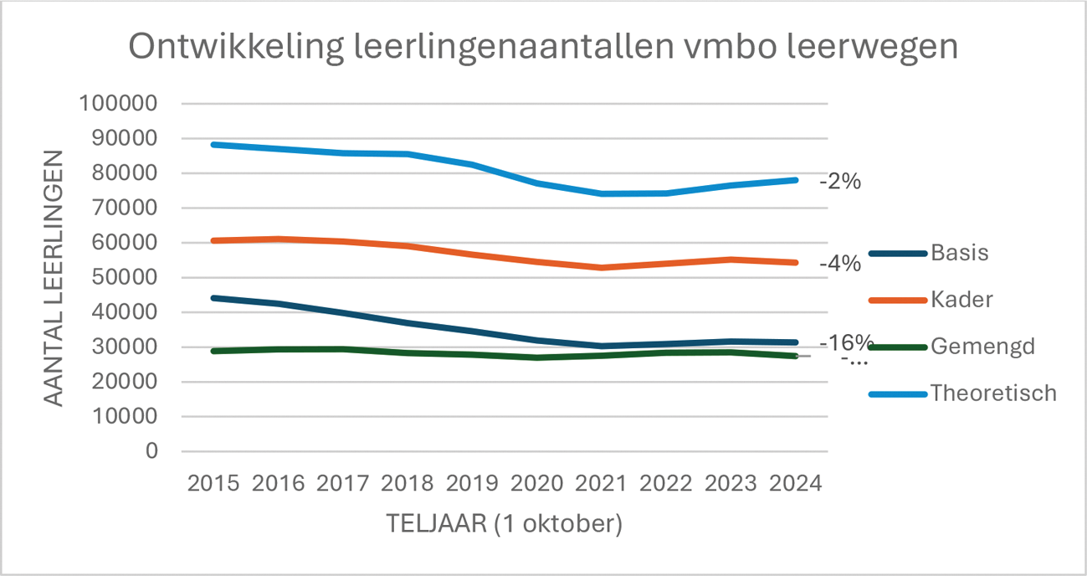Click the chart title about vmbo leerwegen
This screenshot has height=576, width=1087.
[543, 47]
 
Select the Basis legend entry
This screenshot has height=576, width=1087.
[959, 253]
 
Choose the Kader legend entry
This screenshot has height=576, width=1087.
[961, 299]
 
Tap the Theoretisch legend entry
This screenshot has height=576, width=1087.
[993, 393]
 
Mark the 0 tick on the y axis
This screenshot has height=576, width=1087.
[151, 450]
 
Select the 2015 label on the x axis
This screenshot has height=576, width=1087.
[213, 484]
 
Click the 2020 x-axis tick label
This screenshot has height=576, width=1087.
[536, 484]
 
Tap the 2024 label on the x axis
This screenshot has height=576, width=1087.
[795, 484]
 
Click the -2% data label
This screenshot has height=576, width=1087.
[840, 181]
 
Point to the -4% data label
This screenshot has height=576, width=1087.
[840, 264]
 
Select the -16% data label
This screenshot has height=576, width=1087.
[846, 343]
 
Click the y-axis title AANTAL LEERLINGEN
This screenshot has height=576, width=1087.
[54, 277]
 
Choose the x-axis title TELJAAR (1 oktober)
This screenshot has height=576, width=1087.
[504, 524]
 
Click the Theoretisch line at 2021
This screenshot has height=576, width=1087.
[602, 193]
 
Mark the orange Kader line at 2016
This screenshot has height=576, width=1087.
[278, 239]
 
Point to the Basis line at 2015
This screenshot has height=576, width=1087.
[213, 298]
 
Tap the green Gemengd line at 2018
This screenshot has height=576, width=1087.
[408, 352]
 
